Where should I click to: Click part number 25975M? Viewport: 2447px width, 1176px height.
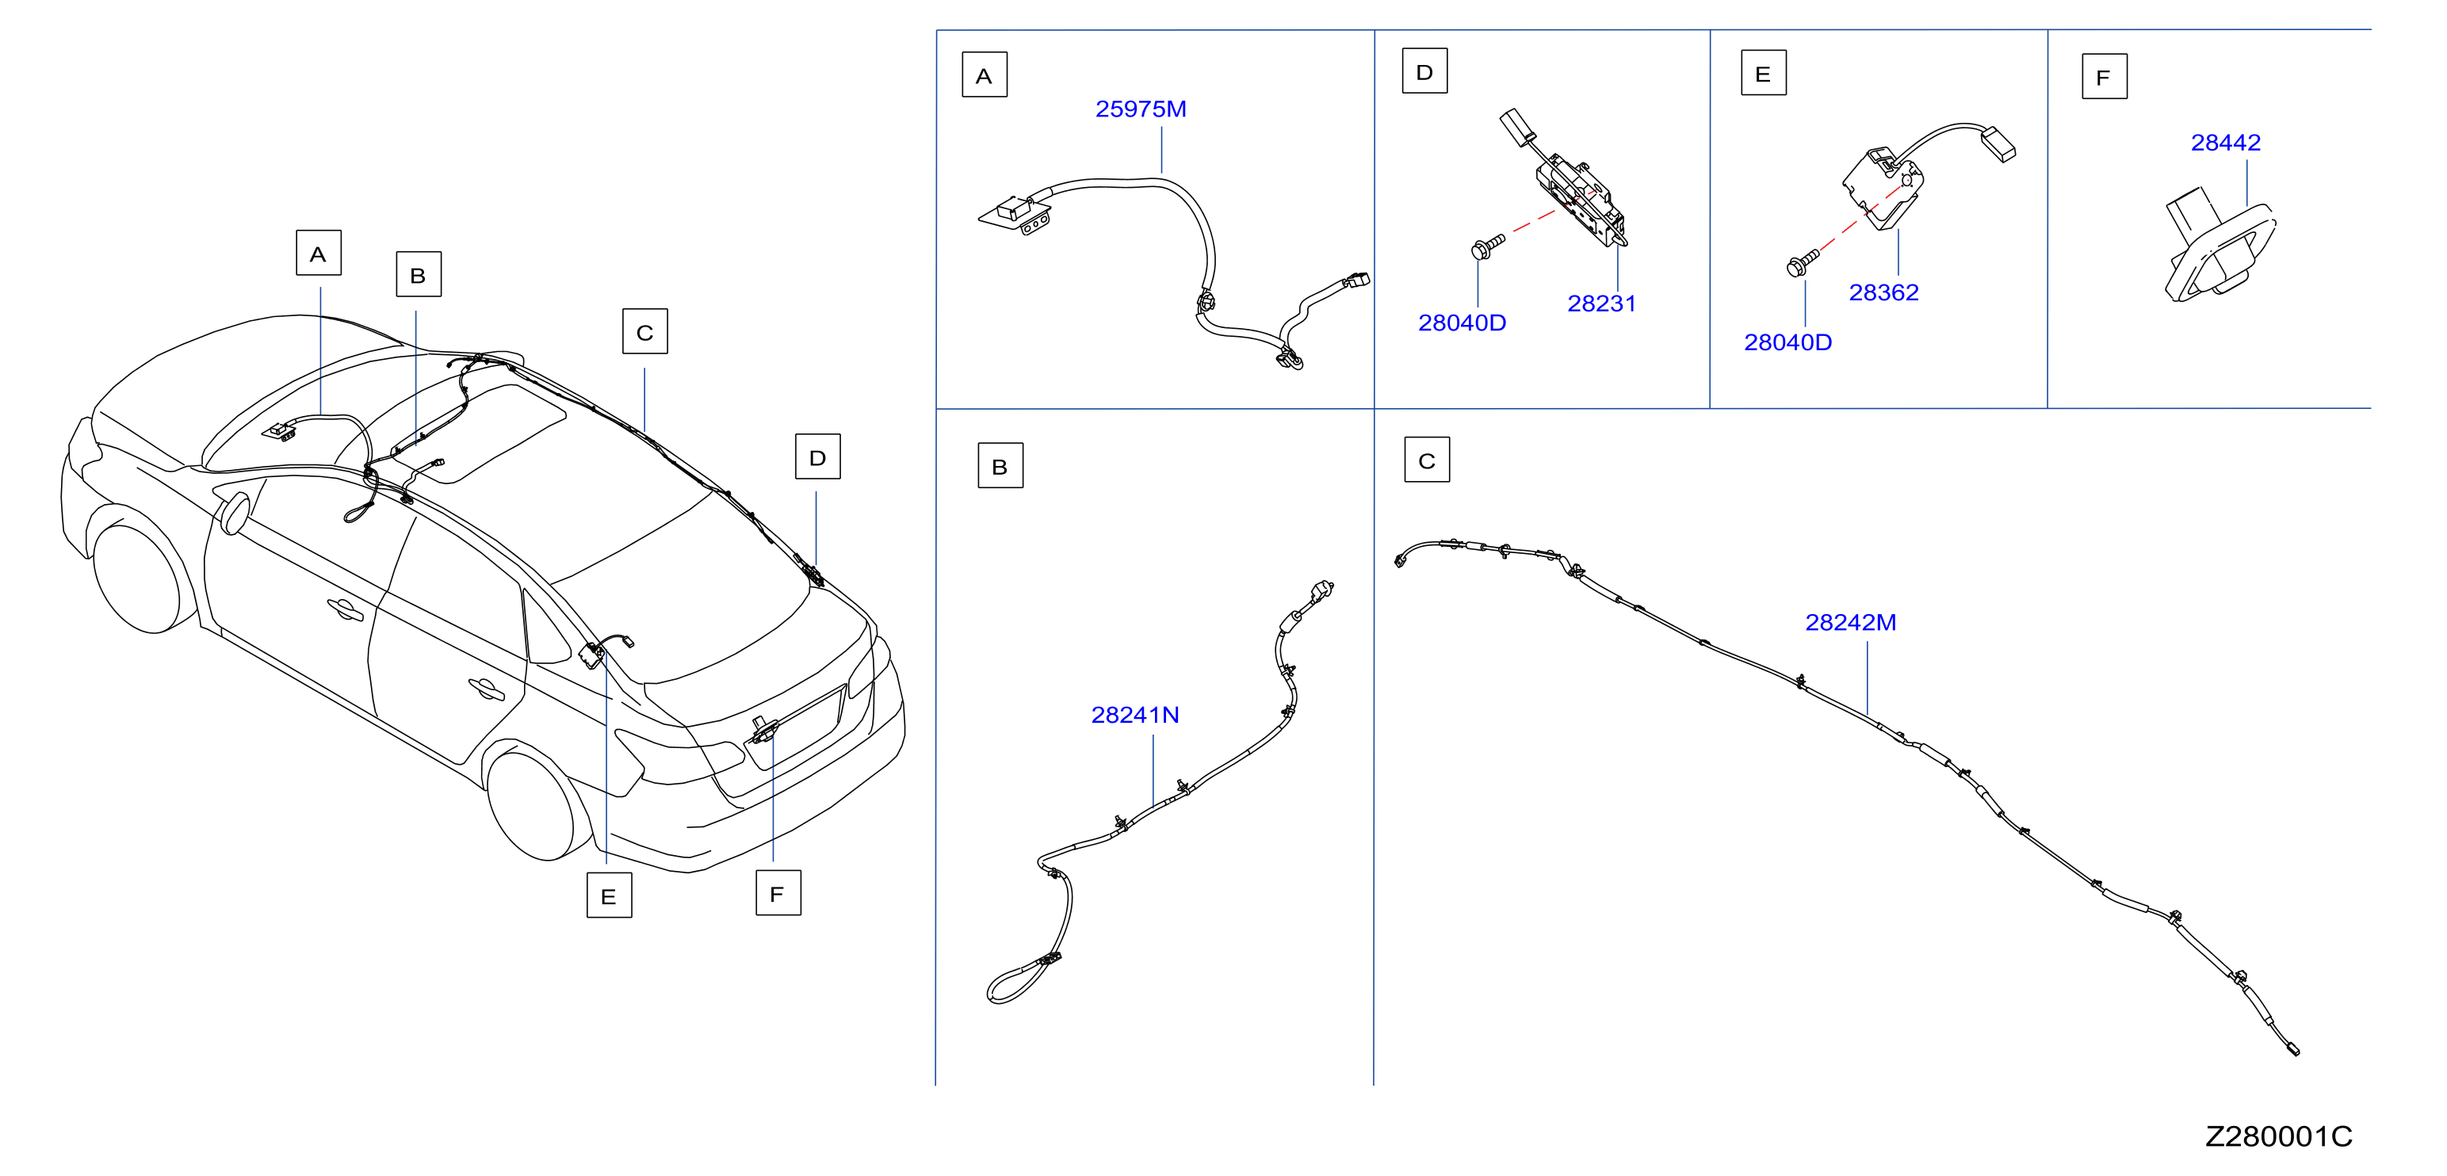[1141, 109]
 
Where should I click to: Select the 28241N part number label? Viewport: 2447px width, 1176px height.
[1135, 716]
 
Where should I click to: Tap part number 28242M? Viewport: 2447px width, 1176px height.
[1850, 622]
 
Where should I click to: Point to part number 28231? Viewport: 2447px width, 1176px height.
[1601, 304]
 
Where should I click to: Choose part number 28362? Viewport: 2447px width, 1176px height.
[1883, 292]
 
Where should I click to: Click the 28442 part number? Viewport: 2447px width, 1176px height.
[2226, 143]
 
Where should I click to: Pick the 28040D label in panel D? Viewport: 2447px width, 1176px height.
[1462, 323]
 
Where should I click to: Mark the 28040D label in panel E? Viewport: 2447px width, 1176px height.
[1787, 343]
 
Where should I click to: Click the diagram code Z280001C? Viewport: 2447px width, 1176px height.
[2278, 1136]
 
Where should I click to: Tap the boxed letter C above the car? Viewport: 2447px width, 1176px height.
[645, 331]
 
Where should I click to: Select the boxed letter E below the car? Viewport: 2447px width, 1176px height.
[609, 895]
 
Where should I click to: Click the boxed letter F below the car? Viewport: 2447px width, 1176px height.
[778, 893]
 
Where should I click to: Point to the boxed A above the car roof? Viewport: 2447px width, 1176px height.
[318, 253]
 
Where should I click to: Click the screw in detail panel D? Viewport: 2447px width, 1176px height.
[1486, 246]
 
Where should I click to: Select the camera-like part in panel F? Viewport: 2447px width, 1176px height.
[2219, 252]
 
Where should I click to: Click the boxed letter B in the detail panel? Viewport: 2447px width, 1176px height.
[1000, 465]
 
